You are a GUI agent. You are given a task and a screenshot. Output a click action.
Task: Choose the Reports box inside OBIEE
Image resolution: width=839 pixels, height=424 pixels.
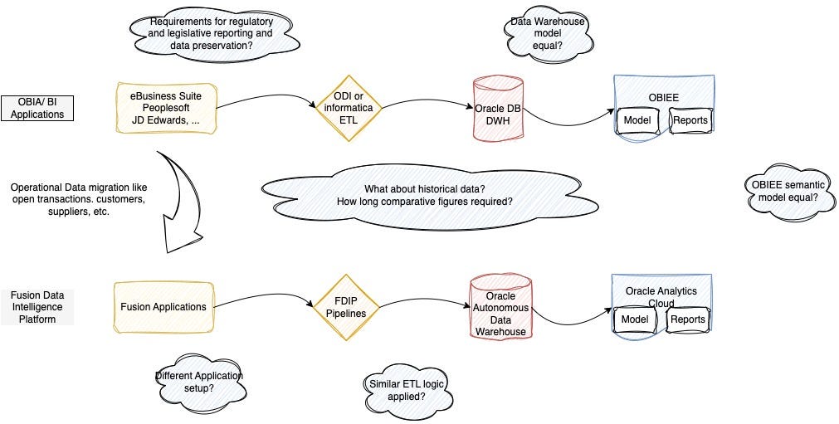(x=690, y=120)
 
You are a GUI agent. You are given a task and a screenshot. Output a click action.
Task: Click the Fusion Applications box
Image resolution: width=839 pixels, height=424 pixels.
(x=163, y=307)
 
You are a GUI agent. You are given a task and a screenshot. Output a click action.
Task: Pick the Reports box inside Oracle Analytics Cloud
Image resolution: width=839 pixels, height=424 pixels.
(x=687, y=319)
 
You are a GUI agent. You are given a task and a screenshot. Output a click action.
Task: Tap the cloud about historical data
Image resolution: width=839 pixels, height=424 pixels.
(x=424, y=195)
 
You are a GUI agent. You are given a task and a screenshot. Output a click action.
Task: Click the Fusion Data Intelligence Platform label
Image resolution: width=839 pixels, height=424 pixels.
(x=37, y=307)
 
